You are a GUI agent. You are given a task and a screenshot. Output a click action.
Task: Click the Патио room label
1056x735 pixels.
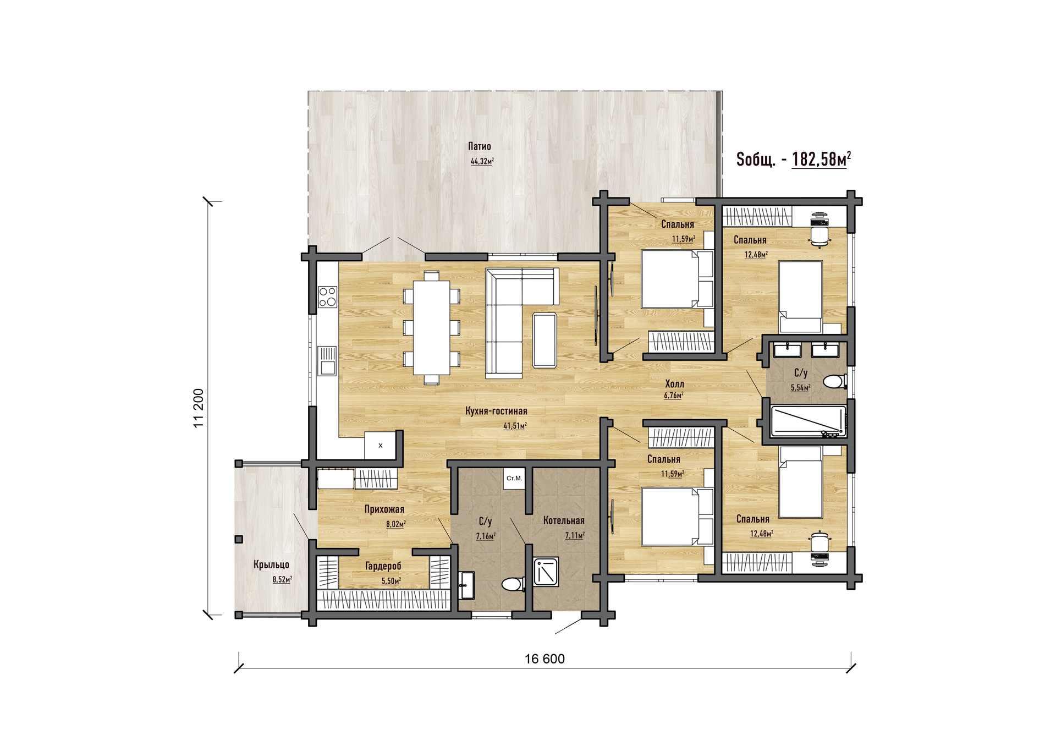[x=480, y=146]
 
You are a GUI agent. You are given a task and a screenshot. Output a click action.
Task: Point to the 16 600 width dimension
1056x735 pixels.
[x=544, y=659]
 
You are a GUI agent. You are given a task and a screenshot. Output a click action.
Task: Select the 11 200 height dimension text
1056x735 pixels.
[x=199, y=408]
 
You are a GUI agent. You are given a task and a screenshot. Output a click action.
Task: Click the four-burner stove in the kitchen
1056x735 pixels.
[x=328, y=297]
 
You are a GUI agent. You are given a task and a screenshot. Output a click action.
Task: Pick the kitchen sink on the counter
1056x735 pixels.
[x=328, y=361]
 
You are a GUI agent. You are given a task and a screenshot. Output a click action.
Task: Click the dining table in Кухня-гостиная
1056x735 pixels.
[x=432, y=328]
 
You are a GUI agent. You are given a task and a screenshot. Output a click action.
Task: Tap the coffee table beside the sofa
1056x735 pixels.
[x=544, y=340]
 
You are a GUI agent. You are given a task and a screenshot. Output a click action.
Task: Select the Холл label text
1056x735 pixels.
[x=675, y=384]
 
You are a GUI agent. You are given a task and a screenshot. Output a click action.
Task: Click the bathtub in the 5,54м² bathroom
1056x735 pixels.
[x=809, y=421]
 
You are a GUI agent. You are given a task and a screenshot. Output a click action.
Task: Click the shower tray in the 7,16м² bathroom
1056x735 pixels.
[x=546, y=572]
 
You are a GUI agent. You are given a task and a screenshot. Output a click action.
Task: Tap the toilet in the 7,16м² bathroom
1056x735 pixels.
[x=513, y=584]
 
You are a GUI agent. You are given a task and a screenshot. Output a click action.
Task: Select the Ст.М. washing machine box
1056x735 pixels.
[x=514, y=479]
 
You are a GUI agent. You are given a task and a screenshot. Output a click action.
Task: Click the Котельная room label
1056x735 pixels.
[x=564, y=520]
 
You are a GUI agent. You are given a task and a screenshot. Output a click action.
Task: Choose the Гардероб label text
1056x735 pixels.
[x=383, y=566]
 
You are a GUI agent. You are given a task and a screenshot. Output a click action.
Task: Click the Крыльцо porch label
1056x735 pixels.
[x=271, y=565]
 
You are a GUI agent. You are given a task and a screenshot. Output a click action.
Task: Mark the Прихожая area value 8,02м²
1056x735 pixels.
[x=396, y=524]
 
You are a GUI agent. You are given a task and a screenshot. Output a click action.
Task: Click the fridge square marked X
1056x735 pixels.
[x=380, y=445]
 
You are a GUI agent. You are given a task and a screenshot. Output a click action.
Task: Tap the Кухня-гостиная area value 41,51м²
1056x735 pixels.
[x=515, y=426]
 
